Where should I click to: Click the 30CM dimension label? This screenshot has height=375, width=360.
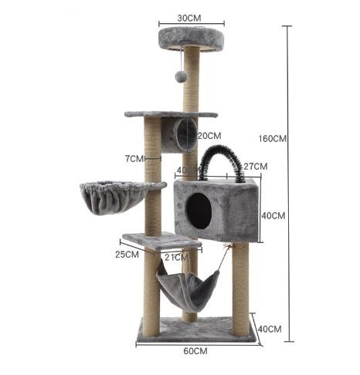click(x=189, y=19)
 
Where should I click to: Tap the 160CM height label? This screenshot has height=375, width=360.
click(x=273, y=139)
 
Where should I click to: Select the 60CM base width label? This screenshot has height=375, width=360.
click(x=195, y=351)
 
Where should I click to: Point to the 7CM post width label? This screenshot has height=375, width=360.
click(x=134, y=159)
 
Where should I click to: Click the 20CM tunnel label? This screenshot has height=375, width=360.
click(x=209, y=136)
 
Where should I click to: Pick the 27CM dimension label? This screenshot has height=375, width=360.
click(x=256, y=167)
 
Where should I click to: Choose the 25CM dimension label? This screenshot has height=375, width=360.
click(x=127, y=255)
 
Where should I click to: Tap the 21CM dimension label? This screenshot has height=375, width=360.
click(x=177, y=257)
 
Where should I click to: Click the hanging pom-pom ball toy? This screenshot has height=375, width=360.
click(x=181, y=76)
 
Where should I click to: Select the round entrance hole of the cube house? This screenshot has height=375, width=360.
click(x=199, y=211)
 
